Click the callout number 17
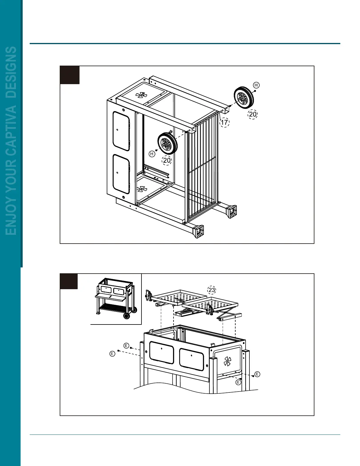tap(224, 122)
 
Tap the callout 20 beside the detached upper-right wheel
tap(253, 114)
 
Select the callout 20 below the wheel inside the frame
tap(167, 160)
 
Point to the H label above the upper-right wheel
tap(256, 85)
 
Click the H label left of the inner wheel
tap(152, 154)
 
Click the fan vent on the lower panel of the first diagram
tap(142, 189)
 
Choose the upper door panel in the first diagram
tap(121, 131)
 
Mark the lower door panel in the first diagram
tap(121, 173)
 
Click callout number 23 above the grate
tap(212, 290)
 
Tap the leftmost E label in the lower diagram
tap(112, 354)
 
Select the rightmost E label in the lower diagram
tap(257, 374)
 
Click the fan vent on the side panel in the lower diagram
tap(227, 361)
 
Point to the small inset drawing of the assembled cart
tap(116, 299)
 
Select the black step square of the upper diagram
tap(70, 75)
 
